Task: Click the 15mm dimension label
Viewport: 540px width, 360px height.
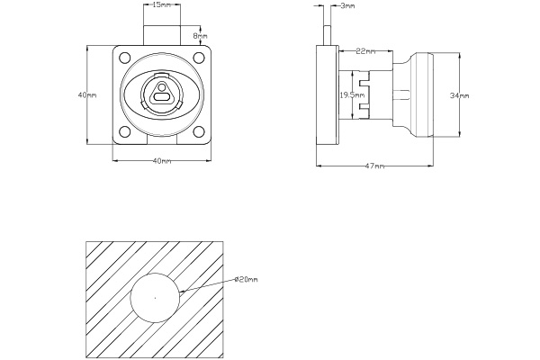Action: pyautogui.click(x=162, y=5)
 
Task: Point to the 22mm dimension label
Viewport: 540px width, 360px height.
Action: pyautogui.click(x=366, y=50)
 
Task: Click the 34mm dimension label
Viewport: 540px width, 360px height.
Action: pyautogui.click(x=459, y=94)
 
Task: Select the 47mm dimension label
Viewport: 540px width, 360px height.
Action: pyautogui.click(x=375, y=166)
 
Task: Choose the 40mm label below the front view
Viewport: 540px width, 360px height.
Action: pyautogui.click(x=162, y=161)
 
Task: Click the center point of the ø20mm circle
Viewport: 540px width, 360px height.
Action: pyautogui.click(x=155, y=297)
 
